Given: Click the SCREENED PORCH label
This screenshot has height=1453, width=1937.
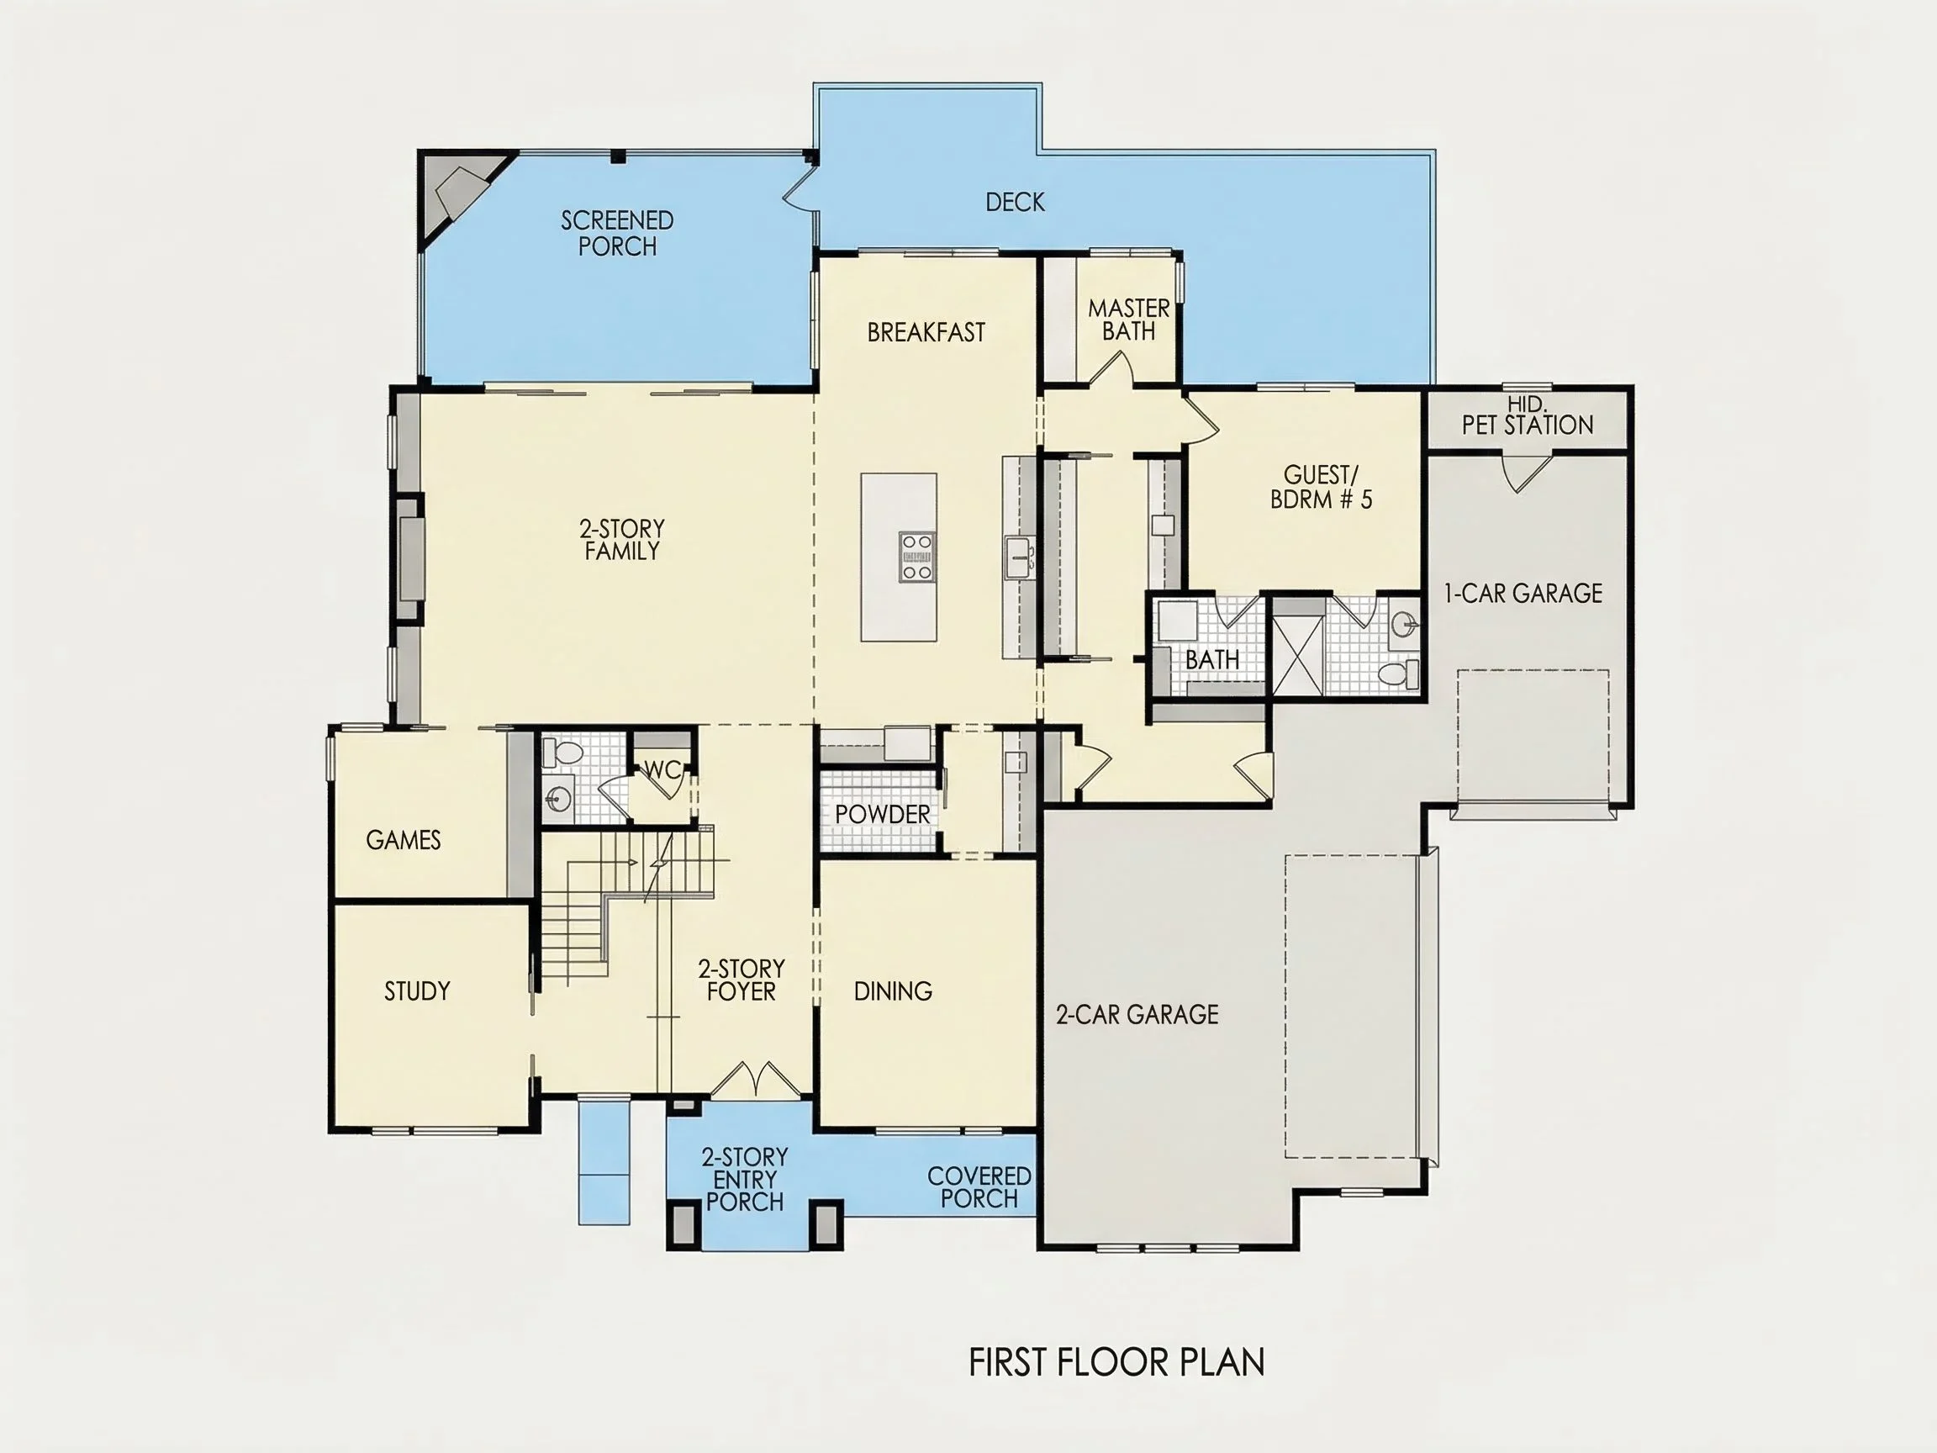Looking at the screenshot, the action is (x=617, y=233).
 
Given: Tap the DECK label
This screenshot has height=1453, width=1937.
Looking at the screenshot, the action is (x=1015, y=203).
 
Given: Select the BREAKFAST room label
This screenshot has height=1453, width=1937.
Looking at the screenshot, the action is (x=926, y=332).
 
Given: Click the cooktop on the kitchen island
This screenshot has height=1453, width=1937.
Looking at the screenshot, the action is (x=917, y=556).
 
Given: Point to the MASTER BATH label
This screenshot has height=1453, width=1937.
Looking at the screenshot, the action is (x=1129, y=320).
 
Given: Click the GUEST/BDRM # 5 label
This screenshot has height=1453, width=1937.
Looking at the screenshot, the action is (x=1322, y=487).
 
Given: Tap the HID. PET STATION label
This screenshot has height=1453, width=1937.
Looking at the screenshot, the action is (x=1528, y=416).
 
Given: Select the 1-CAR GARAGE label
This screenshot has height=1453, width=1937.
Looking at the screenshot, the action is (x=1523, y=593).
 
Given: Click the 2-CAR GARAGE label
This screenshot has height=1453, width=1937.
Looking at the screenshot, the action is (x=1137, y=1014).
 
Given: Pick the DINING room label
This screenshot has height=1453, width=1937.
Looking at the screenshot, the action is (x=892, y=991).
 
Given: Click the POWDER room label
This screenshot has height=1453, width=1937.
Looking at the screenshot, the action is (x=882, y=814).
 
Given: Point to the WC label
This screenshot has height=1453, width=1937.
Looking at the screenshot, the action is (x=662, y=770).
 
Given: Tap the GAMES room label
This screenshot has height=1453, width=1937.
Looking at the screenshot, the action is (x=403, y=840).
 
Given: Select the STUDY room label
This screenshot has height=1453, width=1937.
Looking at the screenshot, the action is (x=417, y=991).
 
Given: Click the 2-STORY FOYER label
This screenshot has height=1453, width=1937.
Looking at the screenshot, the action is (x=741, y=980).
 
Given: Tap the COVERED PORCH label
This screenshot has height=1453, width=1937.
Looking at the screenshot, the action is (x=979, y=1186).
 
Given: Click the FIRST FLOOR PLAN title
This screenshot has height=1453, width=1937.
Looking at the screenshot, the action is (x=1116, y=1362).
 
